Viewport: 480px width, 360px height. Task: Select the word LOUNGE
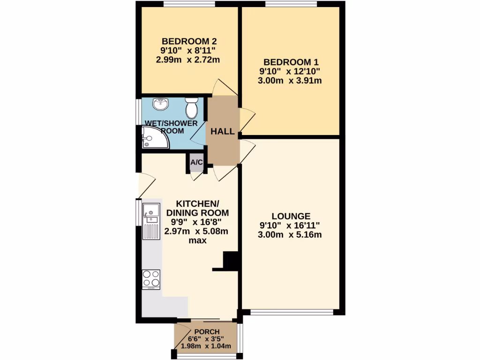click(291, 216)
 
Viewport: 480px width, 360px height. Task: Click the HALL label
click(222, 132)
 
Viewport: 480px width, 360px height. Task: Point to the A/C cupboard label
click(196, 163)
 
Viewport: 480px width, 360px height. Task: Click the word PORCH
click(207, 332)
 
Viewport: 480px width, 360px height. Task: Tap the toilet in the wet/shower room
click(191, 108)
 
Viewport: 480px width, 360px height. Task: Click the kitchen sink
click(151, 214)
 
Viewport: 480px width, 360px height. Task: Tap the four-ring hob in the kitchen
click(151, 279)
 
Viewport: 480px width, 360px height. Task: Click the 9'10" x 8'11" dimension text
click(188, 50)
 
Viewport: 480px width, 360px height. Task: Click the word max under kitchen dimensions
click(197, 240)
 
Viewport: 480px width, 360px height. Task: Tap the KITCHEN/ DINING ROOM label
click(197, 208)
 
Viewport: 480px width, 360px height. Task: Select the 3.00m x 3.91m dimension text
click(290, 81)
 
